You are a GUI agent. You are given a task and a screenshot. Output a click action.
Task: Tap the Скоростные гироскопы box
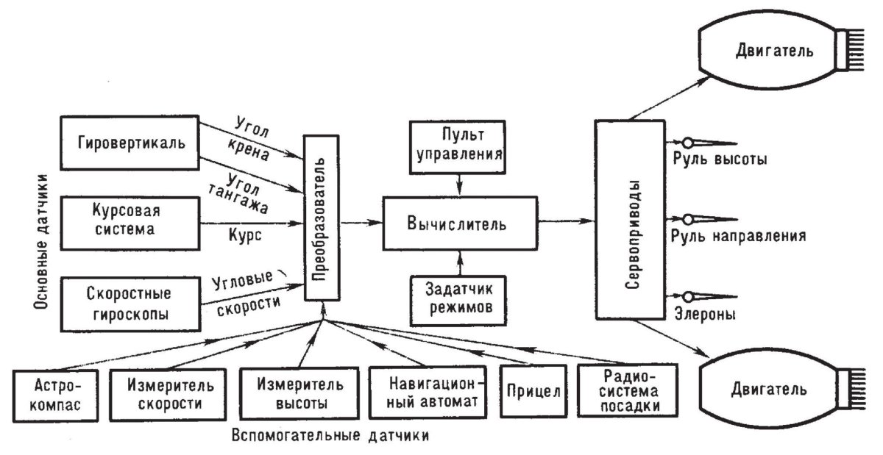[130, 303]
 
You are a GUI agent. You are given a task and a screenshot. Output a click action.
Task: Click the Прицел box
[533, 391]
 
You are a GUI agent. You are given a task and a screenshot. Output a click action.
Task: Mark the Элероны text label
[703, 314]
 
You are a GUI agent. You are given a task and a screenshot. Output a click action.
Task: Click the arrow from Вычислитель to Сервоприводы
[567, 221]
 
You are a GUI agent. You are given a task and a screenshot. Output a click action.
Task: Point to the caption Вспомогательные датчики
[330, 433]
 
